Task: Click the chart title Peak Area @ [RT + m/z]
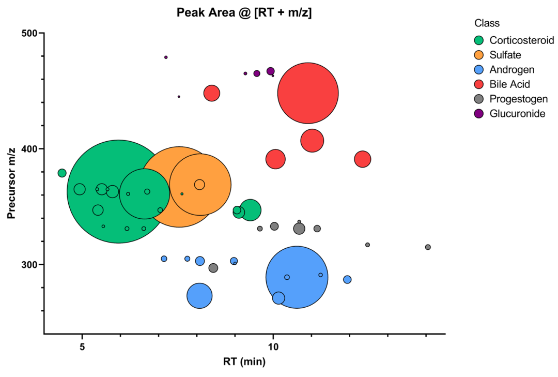coord(244,12)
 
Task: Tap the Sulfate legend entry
coord(505,55)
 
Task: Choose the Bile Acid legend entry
coord(509,84)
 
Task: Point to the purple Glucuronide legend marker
coord(479,114)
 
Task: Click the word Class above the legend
coord(487,23)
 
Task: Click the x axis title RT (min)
coord(244,361)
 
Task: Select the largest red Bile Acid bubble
coord(308,93)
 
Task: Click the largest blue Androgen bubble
coord(297,277)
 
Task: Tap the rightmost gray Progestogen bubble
coord(428,247)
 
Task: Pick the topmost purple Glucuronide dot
coord(166,57)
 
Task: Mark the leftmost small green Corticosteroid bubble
coord(62,173)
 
